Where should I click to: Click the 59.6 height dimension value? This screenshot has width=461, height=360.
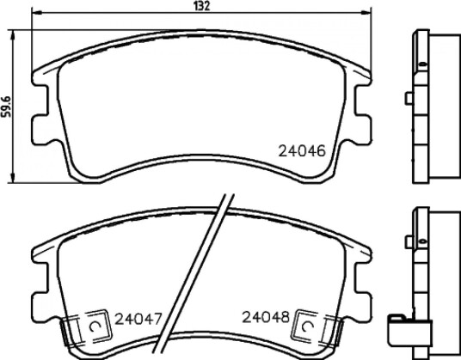coord(6,107)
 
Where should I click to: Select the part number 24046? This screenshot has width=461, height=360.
coord(302,151)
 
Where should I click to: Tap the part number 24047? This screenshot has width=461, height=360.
coord(138,319)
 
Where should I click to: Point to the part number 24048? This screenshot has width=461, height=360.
coord(266,317)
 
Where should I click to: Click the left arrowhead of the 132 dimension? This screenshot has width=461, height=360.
coord(36,13)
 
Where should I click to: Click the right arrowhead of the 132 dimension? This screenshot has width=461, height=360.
coord(366,13)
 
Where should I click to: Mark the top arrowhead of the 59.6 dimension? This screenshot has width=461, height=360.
coord(12,34)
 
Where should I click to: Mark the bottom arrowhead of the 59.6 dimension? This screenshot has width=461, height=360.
coord(12,178)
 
